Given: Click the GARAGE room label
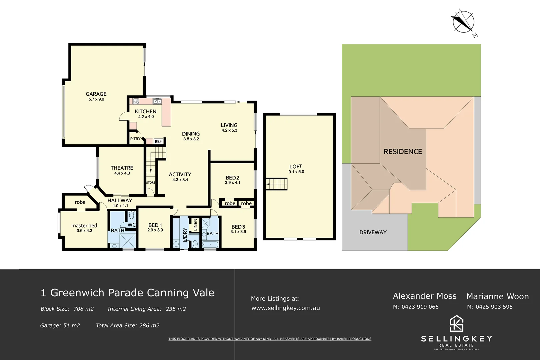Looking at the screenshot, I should (96, 94).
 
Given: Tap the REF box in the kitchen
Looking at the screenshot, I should (158, 141).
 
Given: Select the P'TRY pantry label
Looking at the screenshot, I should (135, 139).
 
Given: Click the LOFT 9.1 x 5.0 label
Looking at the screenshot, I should (296, 169).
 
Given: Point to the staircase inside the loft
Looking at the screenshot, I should (276, 184).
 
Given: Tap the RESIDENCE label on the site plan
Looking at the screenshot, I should (403, 152).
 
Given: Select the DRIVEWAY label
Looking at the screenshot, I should (373, 232).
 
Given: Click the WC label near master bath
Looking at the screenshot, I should (131, 225).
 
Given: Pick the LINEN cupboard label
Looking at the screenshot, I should (195, 225).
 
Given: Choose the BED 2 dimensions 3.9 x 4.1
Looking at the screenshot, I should (232, 183).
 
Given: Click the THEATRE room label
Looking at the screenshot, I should (122, 168).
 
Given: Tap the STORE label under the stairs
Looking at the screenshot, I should (151, 182).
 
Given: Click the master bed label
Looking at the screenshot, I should (84, 226).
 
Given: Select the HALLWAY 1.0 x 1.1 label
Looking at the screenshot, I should (120, 203).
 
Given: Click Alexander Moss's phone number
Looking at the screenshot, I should (416, 307).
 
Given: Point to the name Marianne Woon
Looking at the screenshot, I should (497, 296).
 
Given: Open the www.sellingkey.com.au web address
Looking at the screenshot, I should (285, 308).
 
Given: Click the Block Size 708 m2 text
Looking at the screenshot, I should (67, 309).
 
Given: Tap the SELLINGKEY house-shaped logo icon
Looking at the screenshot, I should (456, 323).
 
